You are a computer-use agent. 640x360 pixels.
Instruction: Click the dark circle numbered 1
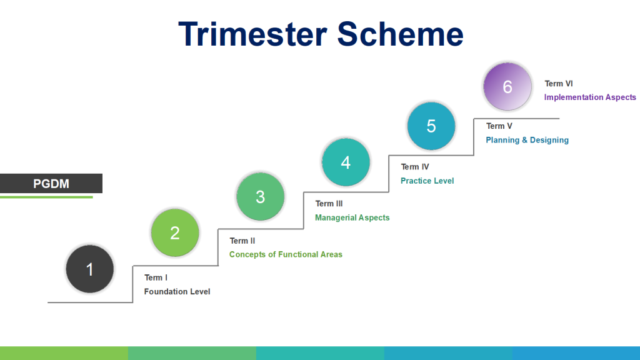(90, 269)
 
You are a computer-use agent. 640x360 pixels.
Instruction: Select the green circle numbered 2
(175, 232)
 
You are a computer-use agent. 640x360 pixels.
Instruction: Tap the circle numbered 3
(261, 196)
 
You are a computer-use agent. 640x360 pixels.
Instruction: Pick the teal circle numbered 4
(346, 162)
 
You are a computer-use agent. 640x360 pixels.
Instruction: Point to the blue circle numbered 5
(431, 126)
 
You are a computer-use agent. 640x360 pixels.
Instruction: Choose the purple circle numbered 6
(507, 86)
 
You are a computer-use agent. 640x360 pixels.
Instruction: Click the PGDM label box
(51, 183)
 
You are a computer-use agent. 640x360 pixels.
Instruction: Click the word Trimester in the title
(252, 34)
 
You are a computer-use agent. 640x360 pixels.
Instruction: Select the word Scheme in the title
(401, 34)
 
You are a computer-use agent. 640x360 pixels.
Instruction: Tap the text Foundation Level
(177, 291)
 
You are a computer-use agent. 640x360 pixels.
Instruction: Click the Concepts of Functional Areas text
(286, 254)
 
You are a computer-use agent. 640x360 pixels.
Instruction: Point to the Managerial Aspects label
(352, 217)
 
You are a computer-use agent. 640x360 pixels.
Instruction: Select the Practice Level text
(427, 181)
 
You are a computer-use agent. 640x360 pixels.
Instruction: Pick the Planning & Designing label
(527, 140)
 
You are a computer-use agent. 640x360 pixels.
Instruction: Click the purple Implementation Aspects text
(590, 97)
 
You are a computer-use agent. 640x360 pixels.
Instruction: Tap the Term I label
(156, 277)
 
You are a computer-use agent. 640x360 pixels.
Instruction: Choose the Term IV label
(415, 166)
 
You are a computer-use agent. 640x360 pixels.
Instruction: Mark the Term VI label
(558, 83)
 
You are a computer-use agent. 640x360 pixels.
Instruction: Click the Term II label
(242, 241)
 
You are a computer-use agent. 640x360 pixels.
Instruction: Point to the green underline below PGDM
(46, 197)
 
